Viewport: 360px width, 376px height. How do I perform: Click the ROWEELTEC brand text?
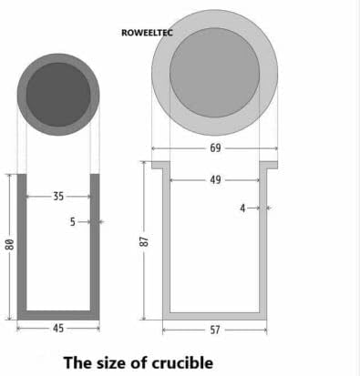[147, 33]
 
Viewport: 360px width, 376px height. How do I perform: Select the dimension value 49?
[215, 180]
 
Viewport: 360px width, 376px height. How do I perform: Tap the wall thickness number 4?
[242, 208]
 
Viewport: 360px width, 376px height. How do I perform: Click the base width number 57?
[215, 329]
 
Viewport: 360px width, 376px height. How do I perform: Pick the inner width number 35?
[58, 196]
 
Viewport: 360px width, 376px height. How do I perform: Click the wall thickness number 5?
[73, 221]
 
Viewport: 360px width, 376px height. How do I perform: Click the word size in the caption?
[114, 362]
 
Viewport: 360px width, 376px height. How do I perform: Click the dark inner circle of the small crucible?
[58, 95]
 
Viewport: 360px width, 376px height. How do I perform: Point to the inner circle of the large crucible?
[215, 72]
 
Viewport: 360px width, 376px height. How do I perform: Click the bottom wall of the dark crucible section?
[58, 315]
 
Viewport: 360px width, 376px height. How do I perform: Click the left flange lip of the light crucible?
[158, 167]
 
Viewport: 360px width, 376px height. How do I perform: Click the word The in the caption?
[78, 362]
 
